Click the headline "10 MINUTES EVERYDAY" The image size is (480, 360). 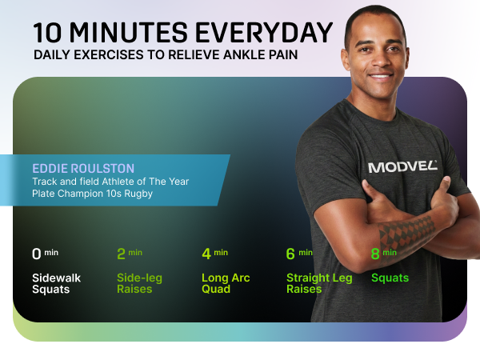(x=182, y=33)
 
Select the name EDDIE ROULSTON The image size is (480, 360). (x=83, y=169)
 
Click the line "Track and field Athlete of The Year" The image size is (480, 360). (x=110, y=182)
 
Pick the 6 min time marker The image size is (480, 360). (x=299, y=254)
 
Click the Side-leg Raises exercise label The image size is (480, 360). (x=139, y=283)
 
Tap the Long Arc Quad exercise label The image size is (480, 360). (x=225, y=283)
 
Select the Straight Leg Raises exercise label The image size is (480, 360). (x=318, y=283)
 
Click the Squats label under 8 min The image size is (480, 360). (x=390, y=278)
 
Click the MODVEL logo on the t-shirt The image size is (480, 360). (x=402, y=166)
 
